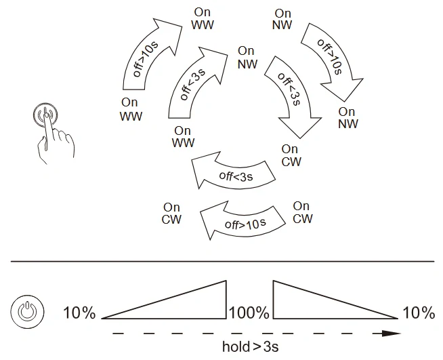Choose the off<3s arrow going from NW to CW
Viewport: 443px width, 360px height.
click(291, 90)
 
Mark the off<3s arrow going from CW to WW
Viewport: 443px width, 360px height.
click(234, 174)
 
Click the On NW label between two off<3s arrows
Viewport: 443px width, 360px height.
click(247, 58)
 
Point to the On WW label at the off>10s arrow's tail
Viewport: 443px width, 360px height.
click(131, 109)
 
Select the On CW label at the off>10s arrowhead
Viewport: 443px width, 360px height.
click(171, 214)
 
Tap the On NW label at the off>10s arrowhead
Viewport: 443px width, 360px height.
click(348, 118)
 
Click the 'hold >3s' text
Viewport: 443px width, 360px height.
click(251, 346)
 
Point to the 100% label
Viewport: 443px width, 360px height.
click(249, 313)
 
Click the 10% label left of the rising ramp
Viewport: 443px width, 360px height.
click(79, 313)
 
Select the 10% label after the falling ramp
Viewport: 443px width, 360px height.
click(419, 313)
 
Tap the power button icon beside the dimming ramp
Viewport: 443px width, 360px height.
click(27, 312)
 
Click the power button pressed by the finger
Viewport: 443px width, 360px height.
click(45, 115)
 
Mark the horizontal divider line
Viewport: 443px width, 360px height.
click(222, 261)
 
